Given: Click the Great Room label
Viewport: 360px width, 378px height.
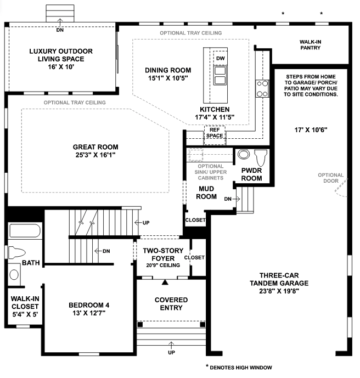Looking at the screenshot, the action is pyautogui.click(x=95, y=151).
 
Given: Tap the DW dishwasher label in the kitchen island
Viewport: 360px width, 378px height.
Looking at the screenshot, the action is pyautogui.click(x=221, y=58).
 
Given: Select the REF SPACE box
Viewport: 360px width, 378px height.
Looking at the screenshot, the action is pyautogui.click(x=215, y=136).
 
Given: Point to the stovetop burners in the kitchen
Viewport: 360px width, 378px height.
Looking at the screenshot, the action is pyautogui.click(x=262, y=89).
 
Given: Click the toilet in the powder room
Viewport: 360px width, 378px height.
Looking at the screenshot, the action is pyautogui.click(x=261, y=157).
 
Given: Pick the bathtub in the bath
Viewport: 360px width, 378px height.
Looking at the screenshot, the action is pyautogui.click(x=25, y=231).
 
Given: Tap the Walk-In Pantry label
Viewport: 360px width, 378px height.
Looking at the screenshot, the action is pyautogui.click(x=310, y=45).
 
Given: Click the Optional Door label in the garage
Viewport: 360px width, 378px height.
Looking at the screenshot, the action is pyautogui.click(x=330, y=178).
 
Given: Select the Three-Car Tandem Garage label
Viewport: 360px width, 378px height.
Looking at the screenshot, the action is pyautogui.click(x=279, y=283).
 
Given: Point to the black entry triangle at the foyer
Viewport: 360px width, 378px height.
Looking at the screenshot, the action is pyautogui.click(x=165, y=283).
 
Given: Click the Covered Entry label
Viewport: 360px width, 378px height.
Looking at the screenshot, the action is pyautogui.click(x=171, y=304).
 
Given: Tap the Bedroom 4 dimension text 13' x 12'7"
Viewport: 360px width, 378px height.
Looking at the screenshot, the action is pyautogui.click(x=89, y=313).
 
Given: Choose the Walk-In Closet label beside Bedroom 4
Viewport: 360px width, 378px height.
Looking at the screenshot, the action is pyautogui.click(x=25, y=306).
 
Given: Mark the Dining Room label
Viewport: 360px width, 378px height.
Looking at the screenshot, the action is pyautogui.click(x=168, y=74).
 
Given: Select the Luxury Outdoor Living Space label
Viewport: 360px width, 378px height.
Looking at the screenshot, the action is pyautogui.click(x=61, y=59).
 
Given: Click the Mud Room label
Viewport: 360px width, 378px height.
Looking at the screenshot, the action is pyautogui.click(x=206, y=193).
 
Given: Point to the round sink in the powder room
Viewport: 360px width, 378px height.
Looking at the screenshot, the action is pyautogui.click(x=244, y=154).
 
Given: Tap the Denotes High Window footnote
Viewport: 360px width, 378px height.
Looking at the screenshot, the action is pyautogui.click(x=239, y=367).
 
